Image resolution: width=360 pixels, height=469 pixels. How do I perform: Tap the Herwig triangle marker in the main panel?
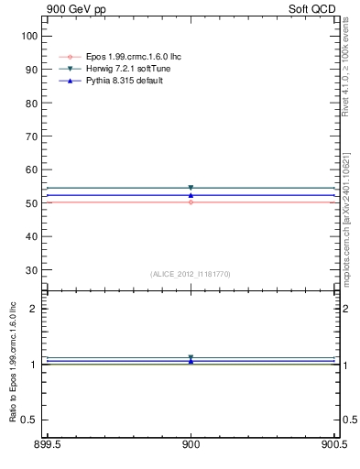tap(191, 188)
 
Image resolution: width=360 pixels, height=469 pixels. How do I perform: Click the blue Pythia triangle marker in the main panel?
tap(191, 195)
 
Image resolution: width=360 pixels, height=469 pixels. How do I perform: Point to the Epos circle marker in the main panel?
tap(191, 202)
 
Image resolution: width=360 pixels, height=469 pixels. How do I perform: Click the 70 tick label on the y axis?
tap(29, 136)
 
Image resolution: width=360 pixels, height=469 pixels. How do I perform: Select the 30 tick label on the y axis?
tap(29, 269)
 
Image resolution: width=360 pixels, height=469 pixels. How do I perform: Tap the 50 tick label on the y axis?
tap(29, 202)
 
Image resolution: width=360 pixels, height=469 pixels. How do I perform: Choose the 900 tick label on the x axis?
tap(191, 446)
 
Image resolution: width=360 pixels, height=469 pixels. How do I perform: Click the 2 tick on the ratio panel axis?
tap(33, 309)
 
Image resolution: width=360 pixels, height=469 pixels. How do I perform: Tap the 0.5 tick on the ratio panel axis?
tap(29, 420)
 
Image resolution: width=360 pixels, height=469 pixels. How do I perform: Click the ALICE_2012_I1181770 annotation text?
tap(191, 274)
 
